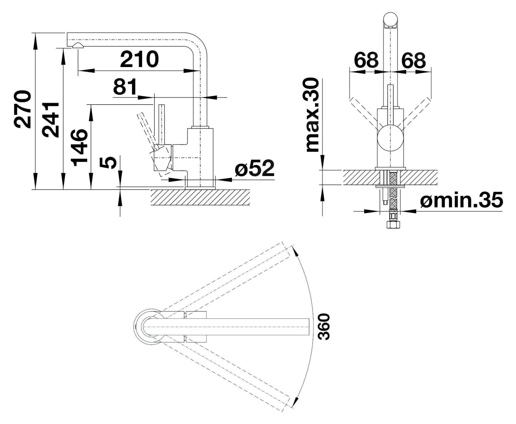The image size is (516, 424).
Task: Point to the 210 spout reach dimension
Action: [139, 59]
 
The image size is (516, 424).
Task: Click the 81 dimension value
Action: [125, 87]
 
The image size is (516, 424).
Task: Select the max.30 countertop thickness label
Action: [313, 115]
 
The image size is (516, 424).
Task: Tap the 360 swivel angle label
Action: [324, 326]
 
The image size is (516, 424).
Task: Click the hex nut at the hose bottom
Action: [393, 225]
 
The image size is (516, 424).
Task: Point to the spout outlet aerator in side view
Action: [77, 46]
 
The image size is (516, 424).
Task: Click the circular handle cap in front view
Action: [390, 139]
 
